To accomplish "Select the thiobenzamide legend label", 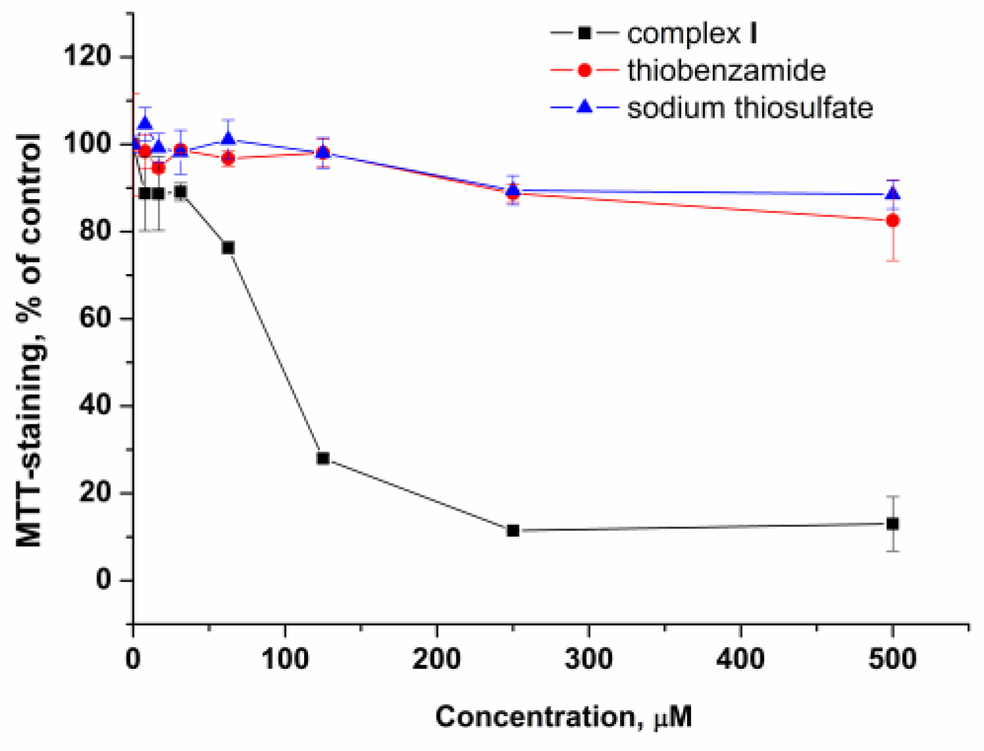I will pos(726,70).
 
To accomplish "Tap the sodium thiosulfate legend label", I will pos(749,108).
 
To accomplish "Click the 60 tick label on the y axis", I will pos(95,318).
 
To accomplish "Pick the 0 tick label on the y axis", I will pos(104,580).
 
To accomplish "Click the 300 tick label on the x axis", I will pos(589,658).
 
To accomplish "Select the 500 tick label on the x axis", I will pos(892,658).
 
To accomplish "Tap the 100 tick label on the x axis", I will pos(285,658).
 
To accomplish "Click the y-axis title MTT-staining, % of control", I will pos(30,340).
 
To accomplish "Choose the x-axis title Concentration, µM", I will pos(563,716).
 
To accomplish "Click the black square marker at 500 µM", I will pos(892,524).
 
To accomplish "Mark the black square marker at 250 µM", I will pos(513,530).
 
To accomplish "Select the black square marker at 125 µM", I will pos(323,458).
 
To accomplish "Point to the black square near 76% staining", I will pos(228,248).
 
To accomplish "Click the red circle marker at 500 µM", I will pos(892,221).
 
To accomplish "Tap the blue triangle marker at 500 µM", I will pos(892,194).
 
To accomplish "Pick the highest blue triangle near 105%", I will pos(145,123).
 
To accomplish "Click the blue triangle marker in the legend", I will pos(584,107).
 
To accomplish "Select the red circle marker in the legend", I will pos(584,70).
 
